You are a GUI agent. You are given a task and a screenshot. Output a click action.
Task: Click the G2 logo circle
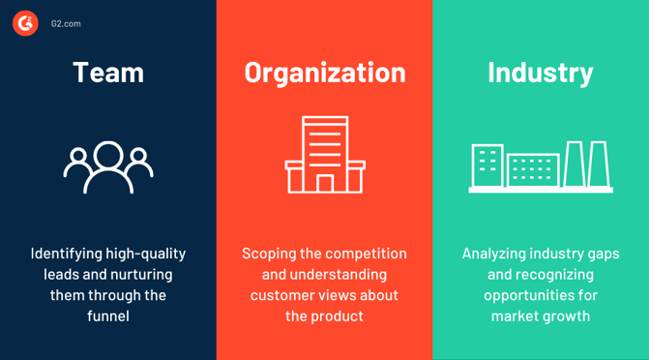(x=25, y=23)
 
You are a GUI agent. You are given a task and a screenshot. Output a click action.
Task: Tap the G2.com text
(x=66, y=23)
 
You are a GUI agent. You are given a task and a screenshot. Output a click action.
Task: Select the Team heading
(x=108, y=73)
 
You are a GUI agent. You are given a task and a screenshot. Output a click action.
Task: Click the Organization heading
(x=324, y=73)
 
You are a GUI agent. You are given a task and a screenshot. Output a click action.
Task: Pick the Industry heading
(x=541, y=73)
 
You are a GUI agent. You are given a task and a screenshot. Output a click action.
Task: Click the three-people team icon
(x=108, y=166)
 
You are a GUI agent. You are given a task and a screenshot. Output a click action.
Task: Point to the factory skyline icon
(x=541, y=166)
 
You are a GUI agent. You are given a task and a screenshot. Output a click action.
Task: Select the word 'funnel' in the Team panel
(x=108, y=315)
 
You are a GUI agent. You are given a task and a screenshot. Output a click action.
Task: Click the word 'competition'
(x=366, y=254)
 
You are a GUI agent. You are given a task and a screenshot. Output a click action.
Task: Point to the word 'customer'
(x=280, y=295)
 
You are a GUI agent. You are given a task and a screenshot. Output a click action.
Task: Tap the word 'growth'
(x=567, y=315)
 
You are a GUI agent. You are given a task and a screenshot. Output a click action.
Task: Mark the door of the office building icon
(x=325, y=183)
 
